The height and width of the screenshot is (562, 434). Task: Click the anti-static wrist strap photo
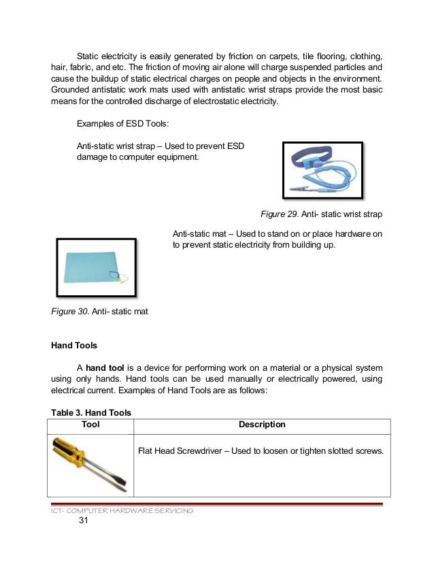coord(322,171)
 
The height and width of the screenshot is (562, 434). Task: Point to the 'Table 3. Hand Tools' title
coord(91,412)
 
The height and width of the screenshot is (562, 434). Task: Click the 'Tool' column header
coord(90,425)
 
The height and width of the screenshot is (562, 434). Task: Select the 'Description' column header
coord(262,425)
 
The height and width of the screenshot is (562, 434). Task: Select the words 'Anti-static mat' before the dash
coord(202,235)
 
